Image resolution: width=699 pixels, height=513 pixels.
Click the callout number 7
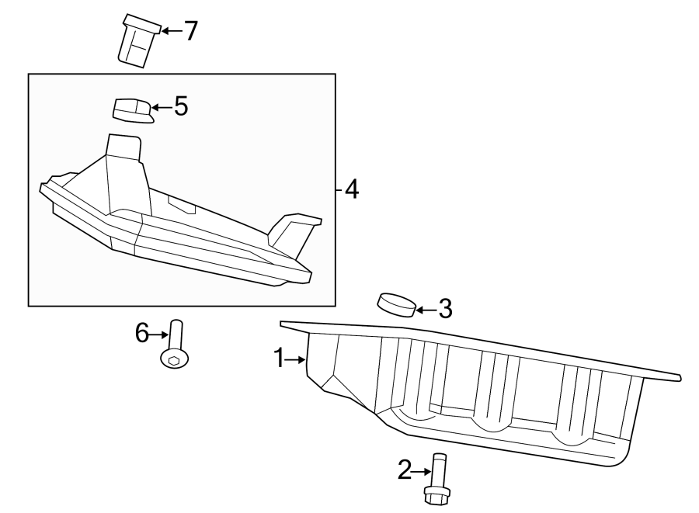coord(190,31)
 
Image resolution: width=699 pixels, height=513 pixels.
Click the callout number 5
coord(181,106)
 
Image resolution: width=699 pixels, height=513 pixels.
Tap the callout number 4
coord(352,189)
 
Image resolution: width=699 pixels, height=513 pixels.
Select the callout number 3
coord(444,310)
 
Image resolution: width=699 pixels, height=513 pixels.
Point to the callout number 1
coord(280,358)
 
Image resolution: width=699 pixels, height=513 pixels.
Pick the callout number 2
coord(404,470)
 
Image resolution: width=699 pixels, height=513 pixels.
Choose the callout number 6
coord(142,334)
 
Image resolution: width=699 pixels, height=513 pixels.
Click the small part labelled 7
coord(135,41)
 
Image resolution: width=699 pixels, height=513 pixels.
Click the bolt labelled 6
coord(175,345)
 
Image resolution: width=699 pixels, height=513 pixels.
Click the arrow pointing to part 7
coord(170,31)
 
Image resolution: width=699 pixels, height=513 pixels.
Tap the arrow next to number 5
coord(161,106)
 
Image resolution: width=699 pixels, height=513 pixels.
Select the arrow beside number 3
coord(424,310)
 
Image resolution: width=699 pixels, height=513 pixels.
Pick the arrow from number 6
coord(159,334)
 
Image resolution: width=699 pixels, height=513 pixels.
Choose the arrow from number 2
coord(421,470)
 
